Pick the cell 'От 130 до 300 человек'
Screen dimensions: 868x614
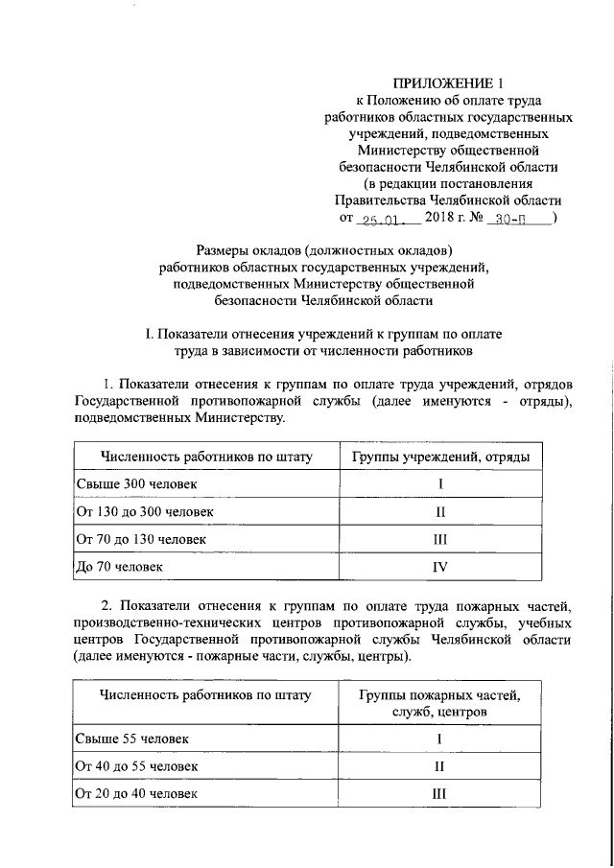click(137, 511)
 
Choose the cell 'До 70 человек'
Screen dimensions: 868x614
click(112, 567)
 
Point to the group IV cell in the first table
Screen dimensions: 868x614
click(439, 567)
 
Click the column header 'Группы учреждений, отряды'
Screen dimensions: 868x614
click(439, 457)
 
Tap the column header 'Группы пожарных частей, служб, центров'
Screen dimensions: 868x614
click(439, 703)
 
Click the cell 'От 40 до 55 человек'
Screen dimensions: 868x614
click(130, 766)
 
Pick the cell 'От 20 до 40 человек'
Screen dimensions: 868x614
click(130, 794)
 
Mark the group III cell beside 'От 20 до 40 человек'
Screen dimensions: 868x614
click(439, 794)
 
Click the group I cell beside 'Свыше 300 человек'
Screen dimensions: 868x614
click(439, 483)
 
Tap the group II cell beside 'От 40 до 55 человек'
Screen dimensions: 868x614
click(439, 766)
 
